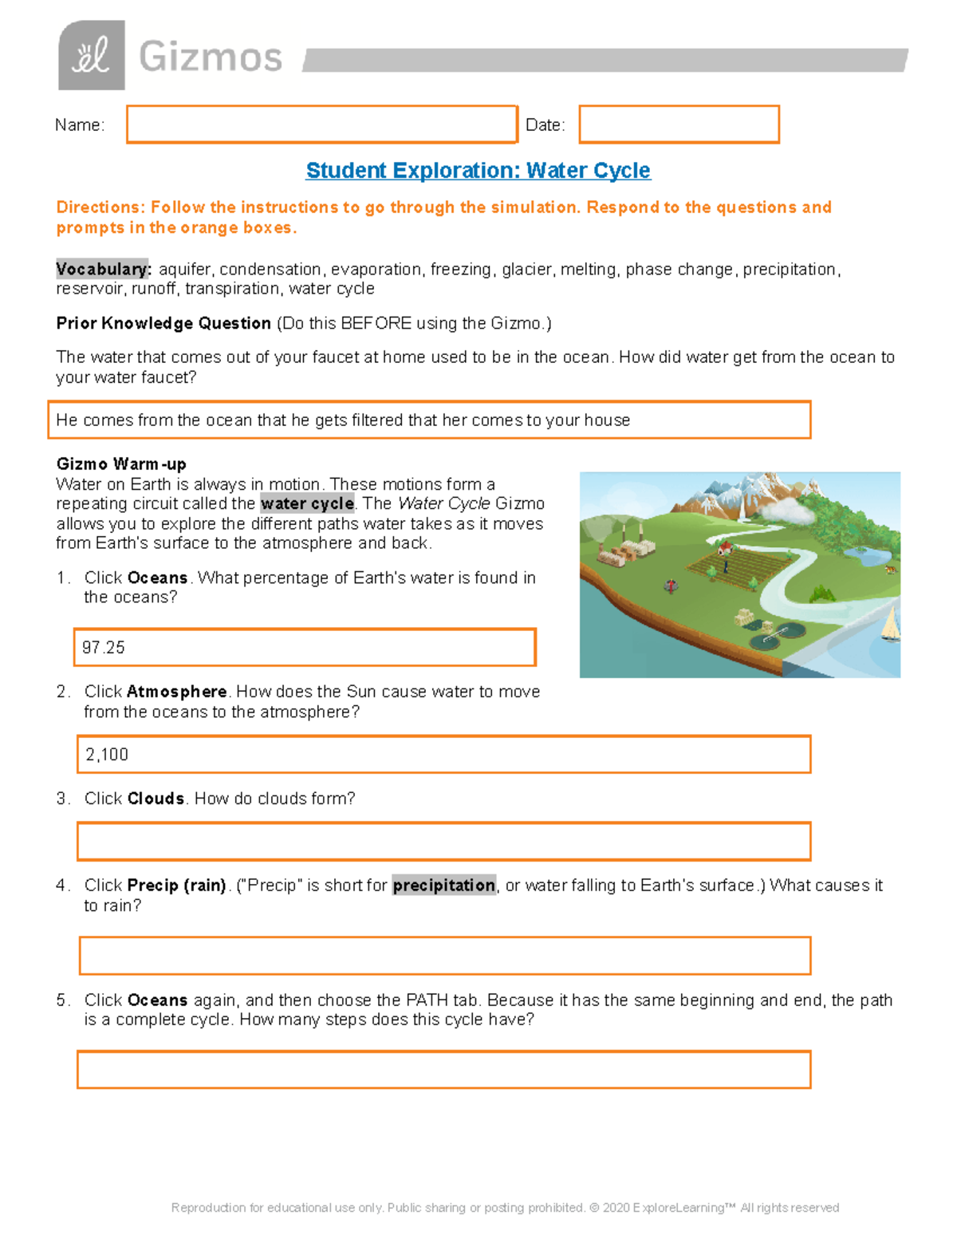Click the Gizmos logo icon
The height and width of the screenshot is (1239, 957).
point(91,55)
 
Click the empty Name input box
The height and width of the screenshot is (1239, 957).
point(321,124)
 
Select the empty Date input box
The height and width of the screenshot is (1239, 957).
point(679,124)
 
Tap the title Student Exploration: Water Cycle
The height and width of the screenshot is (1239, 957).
point(478,171)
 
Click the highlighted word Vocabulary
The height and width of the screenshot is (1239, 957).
point(103,269)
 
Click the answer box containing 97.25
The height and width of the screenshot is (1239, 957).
point(305,647)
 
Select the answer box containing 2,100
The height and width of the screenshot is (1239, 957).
point(443,755)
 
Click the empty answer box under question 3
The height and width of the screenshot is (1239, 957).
point(443,842)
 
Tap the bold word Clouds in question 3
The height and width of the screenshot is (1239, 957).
point(156,799)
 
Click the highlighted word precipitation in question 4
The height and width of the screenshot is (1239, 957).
point(443,886)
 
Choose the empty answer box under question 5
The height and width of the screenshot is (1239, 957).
point(443,1070)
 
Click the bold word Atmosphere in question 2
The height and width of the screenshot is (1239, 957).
point(176,692)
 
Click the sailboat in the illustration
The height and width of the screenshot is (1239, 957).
point(891,624)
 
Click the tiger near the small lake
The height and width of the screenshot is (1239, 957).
point(891,570)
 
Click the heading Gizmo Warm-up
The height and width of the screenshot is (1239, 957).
point(121,464)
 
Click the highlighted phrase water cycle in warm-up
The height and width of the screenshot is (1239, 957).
point(307,504)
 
